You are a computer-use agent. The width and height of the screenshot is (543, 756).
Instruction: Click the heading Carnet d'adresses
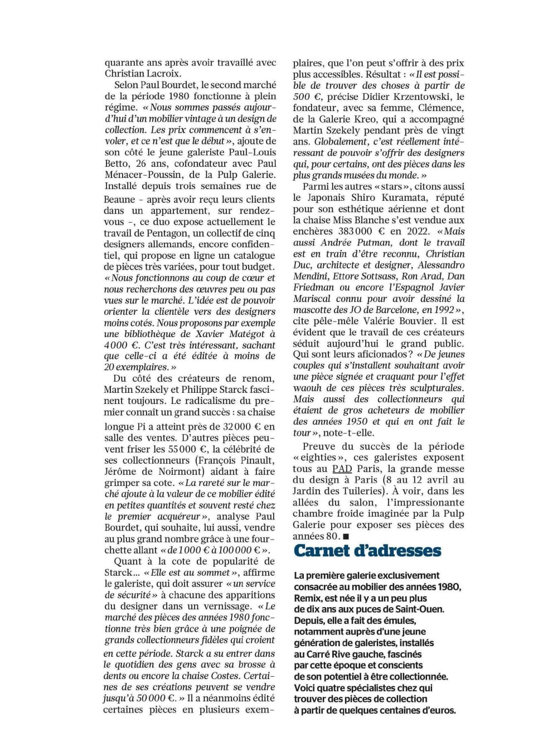point(367,551)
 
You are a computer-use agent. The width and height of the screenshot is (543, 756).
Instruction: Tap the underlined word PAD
point(342,469)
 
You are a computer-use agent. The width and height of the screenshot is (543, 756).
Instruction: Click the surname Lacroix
point(163,74)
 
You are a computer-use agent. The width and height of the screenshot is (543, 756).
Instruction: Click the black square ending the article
point(346,536)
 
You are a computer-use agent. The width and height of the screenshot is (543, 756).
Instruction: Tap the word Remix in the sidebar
point(307,598)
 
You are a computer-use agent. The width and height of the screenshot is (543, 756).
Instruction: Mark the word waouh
point(307,388)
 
